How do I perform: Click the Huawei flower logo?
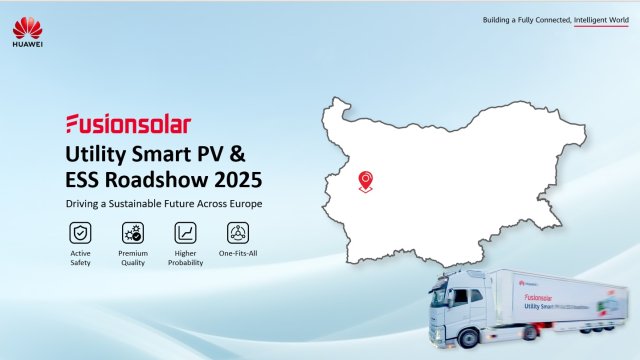(x=27, y=23)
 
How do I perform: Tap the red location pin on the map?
(x=366, y=179)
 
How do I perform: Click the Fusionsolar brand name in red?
(x=127, y=124)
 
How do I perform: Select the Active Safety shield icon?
(x=79, y=233)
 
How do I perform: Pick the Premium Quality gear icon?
(x=132, y=233)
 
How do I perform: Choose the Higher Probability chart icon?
(x=185, y=233)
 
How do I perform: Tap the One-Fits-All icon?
(x=238, y=233)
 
